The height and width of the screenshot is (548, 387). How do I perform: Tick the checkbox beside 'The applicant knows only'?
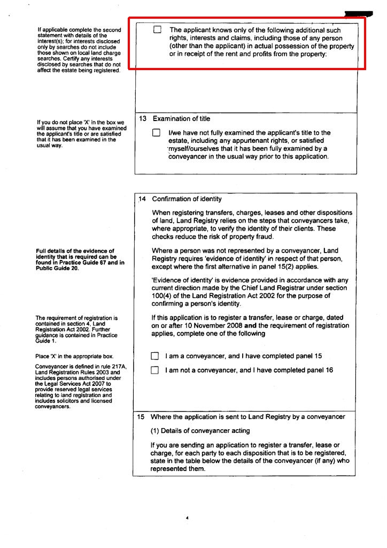pyautogui.click(x=157, y=31)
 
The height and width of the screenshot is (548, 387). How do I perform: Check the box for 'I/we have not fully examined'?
pyautogui.click(x=156, y=133)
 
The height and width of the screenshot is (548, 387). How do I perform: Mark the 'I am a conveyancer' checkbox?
pyautogui.click(x=155, y=356)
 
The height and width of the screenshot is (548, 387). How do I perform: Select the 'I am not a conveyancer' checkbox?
pyautogui.click(x=155, y=370)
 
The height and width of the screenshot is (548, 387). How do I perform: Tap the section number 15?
pyautogui.click(x=142, y=417)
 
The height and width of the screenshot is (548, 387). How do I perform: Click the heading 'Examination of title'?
pyautogui.click(x=181, y=119)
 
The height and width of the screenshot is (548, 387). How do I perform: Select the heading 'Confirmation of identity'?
pyautogui.click(x=187, y=199)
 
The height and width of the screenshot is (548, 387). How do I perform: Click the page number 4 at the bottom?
pyautogui.click(x=187, y=518)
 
